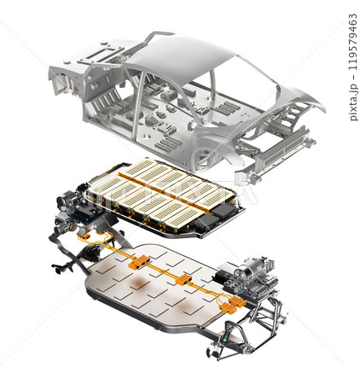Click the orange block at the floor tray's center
(183, 280)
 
